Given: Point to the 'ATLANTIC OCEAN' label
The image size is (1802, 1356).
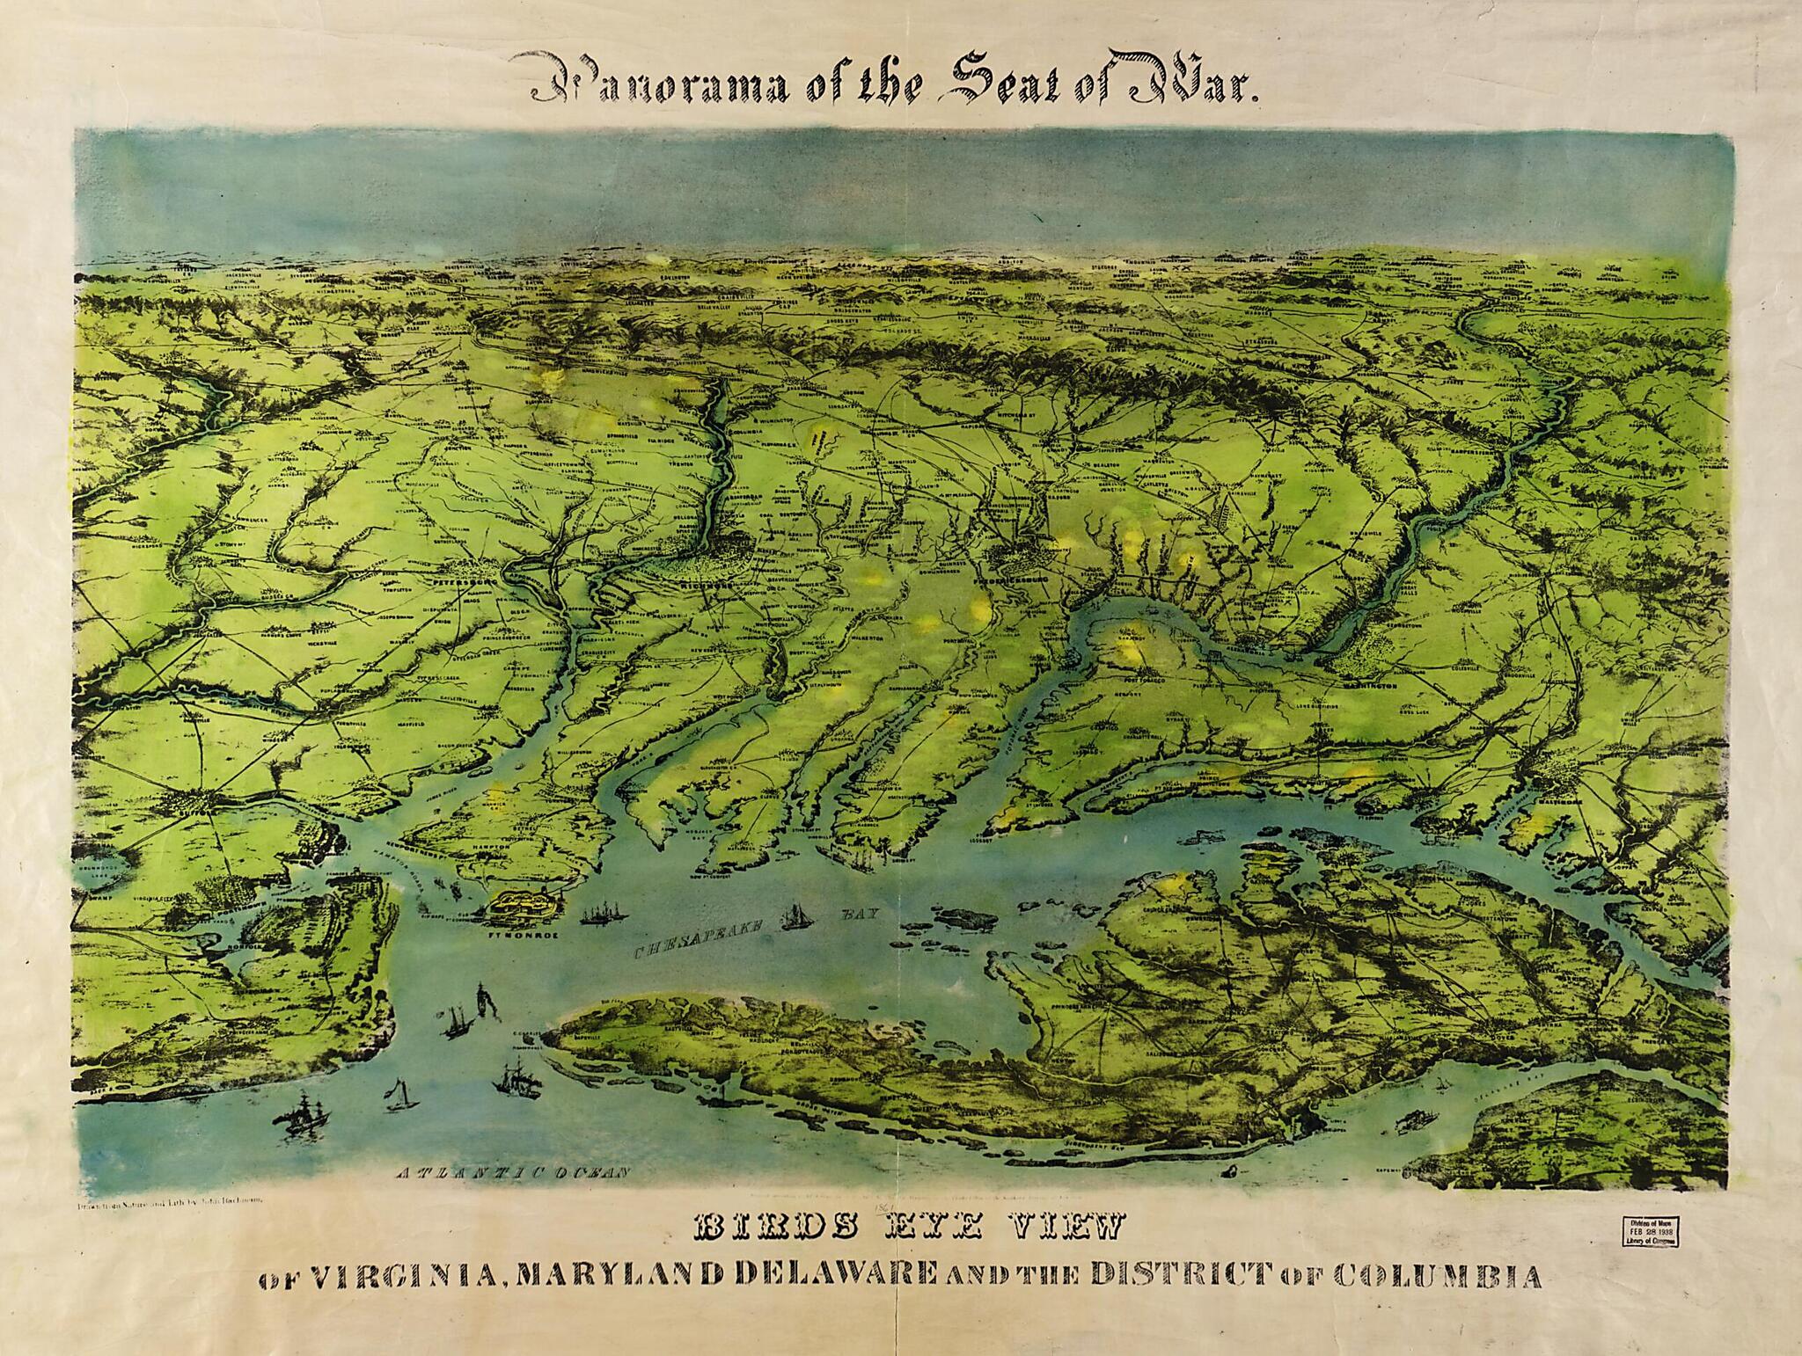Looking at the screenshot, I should click(514, 1172).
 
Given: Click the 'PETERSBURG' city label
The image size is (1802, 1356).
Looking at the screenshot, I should click(461, 581).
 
